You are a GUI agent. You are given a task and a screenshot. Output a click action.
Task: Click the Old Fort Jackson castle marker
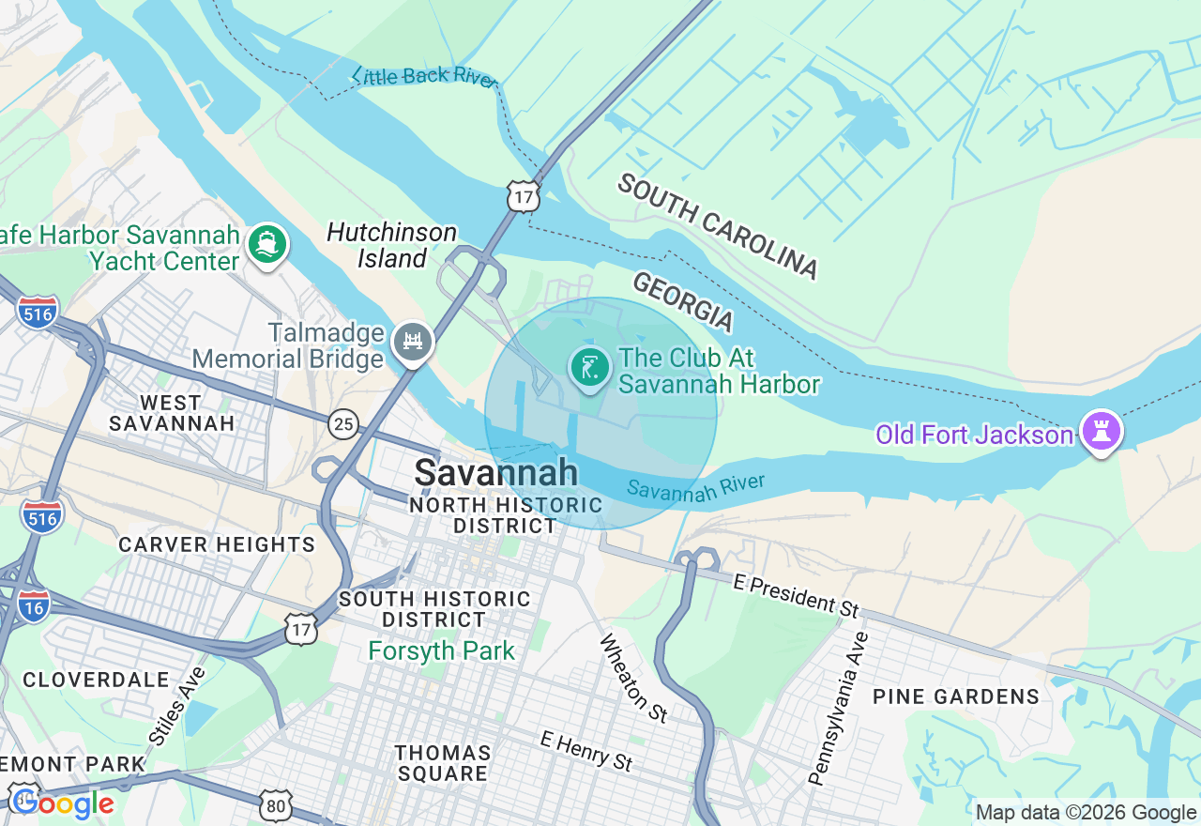(x=1102, y=431)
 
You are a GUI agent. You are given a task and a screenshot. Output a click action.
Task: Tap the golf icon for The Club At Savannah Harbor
(x=589, y=367)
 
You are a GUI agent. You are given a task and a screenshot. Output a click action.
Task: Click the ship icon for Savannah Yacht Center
(x=267, y=244)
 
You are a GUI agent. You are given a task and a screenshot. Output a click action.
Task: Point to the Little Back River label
(x=424, y=76)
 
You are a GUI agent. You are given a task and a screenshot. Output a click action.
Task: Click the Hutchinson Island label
(x=392, y=245)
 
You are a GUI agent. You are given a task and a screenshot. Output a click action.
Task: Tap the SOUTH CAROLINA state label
(x=718, y=226)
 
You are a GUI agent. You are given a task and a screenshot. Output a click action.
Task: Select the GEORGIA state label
(x=682, y=301)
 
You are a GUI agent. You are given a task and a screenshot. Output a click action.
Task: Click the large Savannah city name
(x=495, y=472)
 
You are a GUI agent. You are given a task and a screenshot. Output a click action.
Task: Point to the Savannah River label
(x=696, y=486)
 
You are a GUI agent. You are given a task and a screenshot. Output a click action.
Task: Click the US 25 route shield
(x=343, y=424)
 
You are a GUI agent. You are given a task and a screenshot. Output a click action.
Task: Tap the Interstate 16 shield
(x=35, y=605)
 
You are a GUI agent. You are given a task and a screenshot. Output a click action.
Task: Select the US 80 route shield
(x=278, y=805)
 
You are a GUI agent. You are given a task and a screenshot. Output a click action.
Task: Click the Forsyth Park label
(x=441, y=650)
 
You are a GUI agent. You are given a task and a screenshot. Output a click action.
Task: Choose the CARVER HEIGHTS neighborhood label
(x=217, y=544)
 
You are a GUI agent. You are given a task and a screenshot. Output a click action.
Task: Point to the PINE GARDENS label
(x=956, y=696)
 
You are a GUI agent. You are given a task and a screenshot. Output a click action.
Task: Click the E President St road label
(x=796, y=595)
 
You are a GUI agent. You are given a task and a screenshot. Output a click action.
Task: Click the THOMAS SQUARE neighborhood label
(x=443, y=763)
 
